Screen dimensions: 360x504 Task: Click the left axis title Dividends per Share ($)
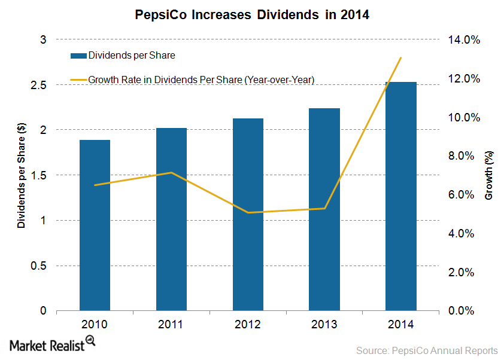(22, 175)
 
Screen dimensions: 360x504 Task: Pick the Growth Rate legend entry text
(201, 79)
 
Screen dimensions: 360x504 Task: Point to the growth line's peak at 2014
(400, 58)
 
